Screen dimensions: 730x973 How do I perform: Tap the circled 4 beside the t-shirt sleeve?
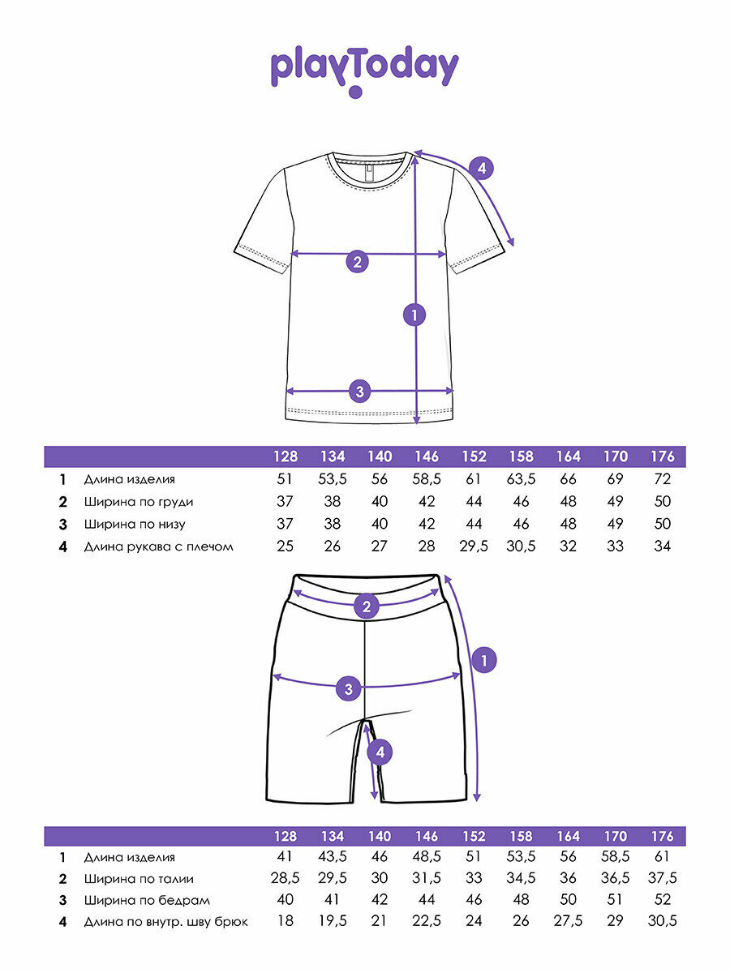(x=482, y=169)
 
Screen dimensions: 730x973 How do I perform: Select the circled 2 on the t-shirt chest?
(x=357, y=261)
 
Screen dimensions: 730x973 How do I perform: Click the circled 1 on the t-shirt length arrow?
(x=415, y=315)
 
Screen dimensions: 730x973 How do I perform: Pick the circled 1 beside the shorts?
(x=483, y=661)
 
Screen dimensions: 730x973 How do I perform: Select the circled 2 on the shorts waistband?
(x=367, y=606)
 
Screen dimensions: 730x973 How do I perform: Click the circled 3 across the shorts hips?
(x=348, y=689)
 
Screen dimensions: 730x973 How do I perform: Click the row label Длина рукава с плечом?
(x=158, y=547)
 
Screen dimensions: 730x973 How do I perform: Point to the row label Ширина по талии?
(x=139, y=878)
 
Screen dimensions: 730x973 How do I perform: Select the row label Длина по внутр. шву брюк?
(x=165, y=922)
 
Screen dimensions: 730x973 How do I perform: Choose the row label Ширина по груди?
(x=139, y=502)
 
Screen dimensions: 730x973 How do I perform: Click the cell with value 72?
(x=662, y=480)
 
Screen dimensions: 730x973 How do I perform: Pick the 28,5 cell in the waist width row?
(x=285, y=878)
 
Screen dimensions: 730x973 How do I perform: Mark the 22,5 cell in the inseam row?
(x=427, y=922)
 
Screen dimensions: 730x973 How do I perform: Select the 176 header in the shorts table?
(x=662, y=836)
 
